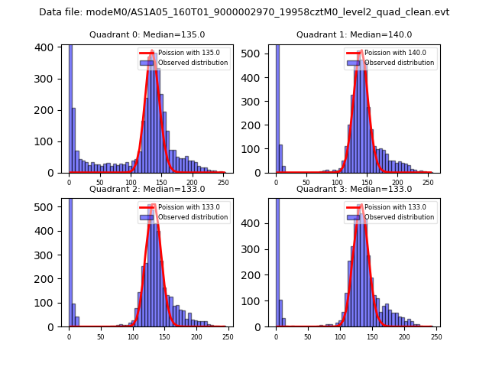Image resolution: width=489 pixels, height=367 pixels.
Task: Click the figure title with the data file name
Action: [x=244, y=12]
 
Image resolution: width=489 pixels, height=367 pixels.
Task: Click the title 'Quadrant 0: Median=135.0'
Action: [x=147, y=34]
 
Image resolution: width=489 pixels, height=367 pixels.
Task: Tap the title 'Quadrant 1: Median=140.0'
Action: [x=354, y=34]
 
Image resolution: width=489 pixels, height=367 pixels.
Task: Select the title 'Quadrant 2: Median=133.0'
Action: [x=147, y=189]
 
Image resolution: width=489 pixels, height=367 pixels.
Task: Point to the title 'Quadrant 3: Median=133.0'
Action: [x=354, y=189]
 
